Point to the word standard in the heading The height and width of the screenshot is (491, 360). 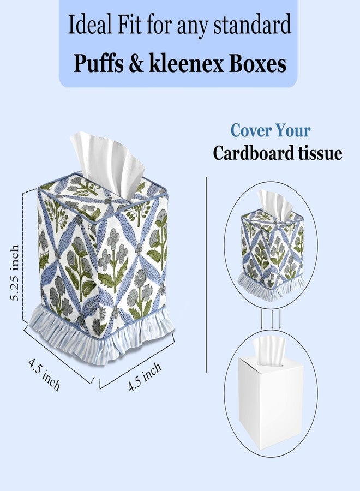point(253,25)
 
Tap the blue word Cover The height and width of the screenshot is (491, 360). point(249,130)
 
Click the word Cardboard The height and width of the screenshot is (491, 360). point(249,153)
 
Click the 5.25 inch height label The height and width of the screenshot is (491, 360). point(14,273)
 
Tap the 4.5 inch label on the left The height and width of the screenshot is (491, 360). point(44,374)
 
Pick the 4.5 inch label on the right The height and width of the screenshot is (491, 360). point(145,376)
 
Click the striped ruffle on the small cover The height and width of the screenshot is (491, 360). point(272,286)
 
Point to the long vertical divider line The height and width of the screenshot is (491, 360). point(206,274)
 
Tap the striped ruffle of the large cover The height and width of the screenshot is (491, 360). point(101,336)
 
